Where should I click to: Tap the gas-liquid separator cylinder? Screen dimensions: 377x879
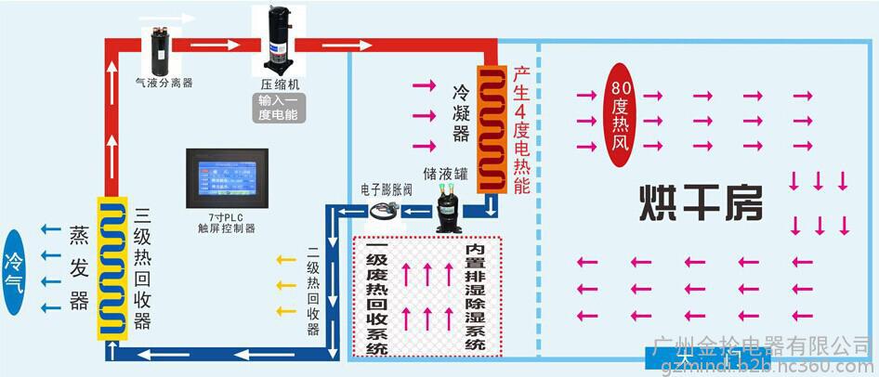point(157,47)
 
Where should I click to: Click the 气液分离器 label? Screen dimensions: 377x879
point(164,83)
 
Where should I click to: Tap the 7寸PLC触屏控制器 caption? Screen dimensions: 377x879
point(227,221)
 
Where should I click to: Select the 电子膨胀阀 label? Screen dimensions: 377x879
point(386,188)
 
